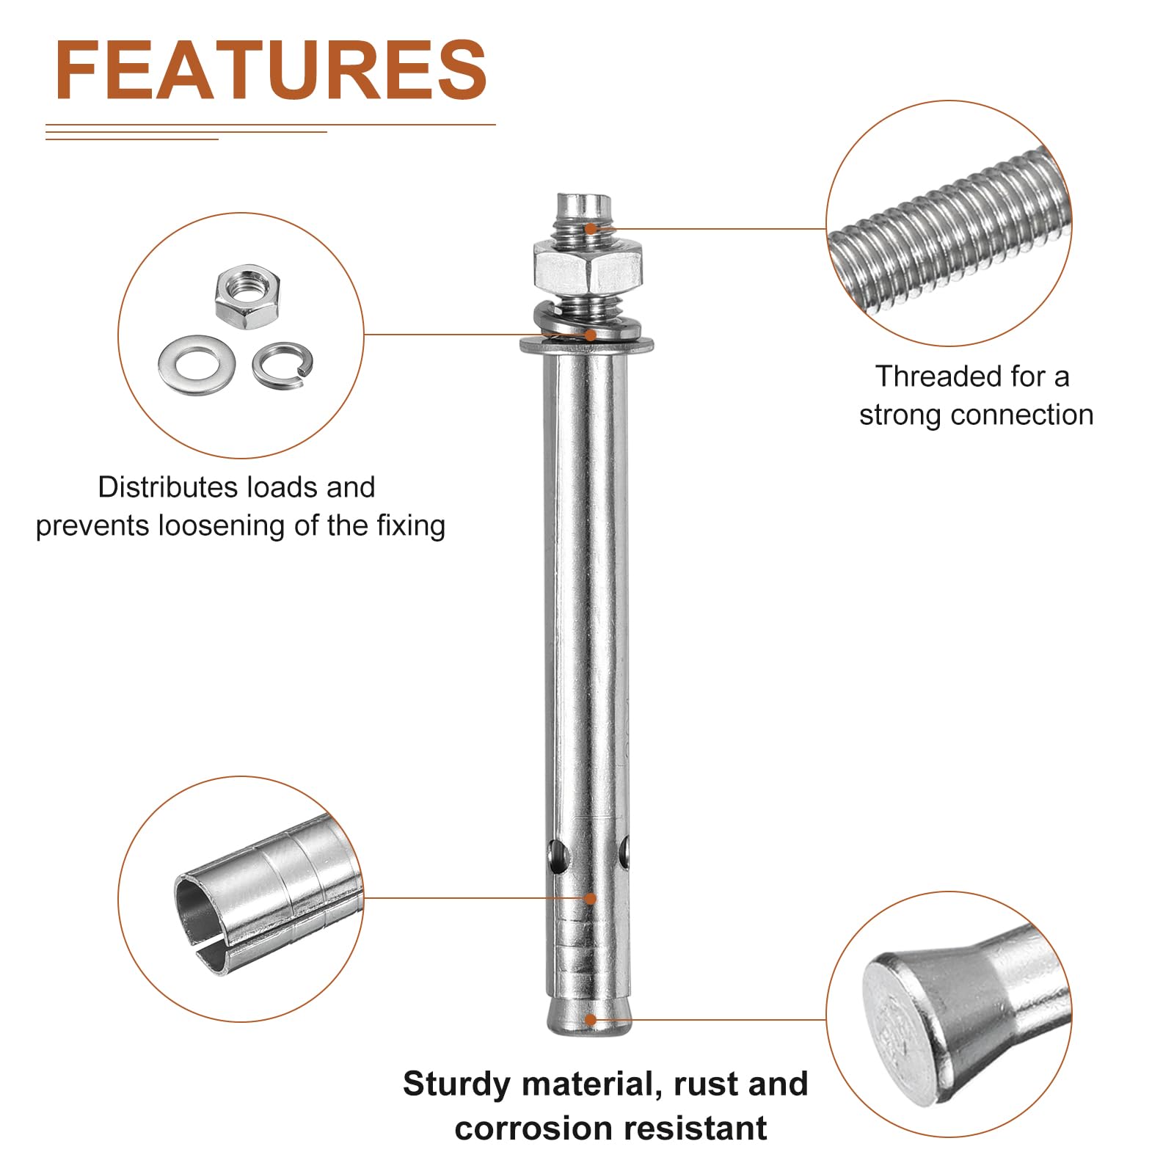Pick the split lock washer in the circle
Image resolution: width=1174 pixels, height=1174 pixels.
tap(282, 364)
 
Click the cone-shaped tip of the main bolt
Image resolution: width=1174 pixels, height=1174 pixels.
tap(589, 1017)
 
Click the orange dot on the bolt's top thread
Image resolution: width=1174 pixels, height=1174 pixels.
tap(591, 229)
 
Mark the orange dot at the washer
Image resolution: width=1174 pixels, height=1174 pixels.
tap(591, 335)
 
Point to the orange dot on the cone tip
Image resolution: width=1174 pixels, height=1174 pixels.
tap(591, 1019)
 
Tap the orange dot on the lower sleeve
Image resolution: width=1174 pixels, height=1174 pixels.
tap(590, 898)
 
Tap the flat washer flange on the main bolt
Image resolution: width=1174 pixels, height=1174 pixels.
tap(587, 344)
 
